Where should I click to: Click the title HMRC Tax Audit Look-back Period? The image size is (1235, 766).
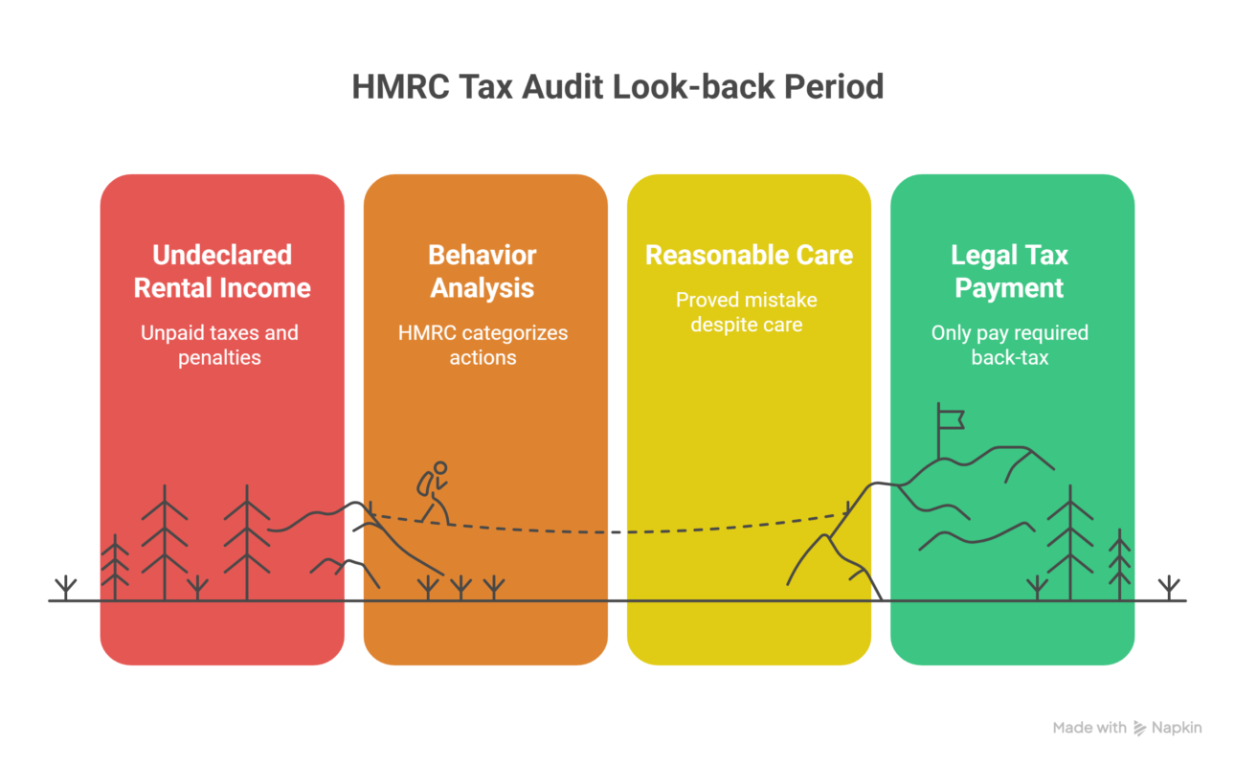617,87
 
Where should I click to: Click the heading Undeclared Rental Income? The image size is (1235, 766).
222,271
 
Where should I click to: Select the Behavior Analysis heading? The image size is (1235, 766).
483,271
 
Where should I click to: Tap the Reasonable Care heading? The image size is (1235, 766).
749,255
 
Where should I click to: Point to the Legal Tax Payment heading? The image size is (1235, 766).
1009,271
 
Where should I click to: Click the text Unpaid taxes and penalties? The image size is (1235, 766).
220,345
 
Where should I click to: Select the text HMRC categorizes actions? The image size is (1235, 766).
483,345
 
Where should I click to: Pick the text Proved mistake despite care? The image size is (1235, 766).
747,311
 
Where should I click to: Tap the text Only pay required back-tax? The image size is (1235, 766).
1009,345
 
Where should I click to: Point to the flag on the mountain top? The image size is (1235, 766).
951,418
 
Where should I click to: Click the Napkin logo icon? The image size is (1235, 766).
1139,728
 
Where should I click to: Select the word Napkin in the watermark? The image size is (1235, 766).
1177,728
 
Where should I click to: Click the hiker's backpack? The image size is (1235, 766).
424,484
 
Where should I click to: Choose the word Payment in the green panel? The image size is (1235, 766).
1009,287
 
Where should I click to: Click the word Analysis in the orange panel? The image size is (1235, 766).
483,287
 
